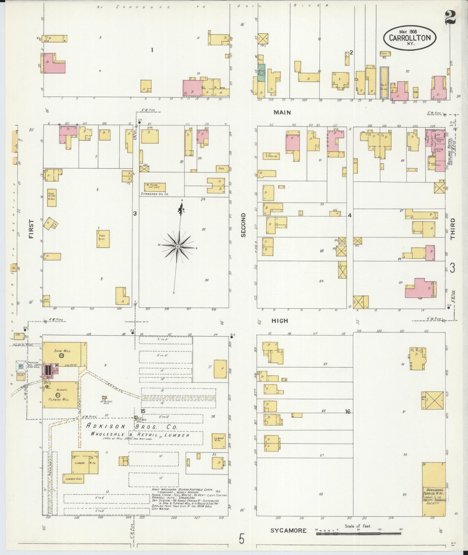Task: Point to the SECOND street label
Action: point(243,225)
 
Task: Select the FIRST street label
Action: point(31,229)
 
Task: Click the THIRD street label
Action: point(453,229)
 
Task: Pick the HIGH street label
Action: point(280,321)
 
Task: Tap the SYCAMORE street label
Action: point(288,531)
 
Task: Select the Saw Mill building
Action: point(64,354)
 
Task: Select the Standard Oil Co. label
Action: point(154,194)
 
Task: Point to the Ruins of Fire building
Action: point(52,197)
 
